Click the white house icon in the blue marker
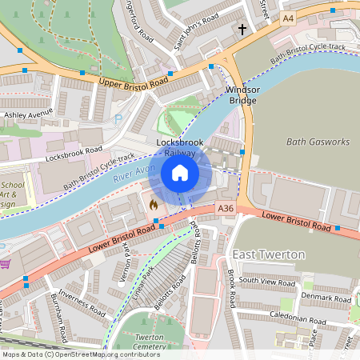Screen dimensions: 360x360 pyautogui.click(x=180, y=173)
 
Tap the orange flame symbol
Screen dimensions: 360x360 pyautogui.click(x=153, y=205)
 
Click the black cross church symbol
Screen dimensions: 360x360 pyautogui.click(x=242, y=30)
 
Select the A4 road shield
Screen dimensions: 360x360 pyautogui.click(x=287, y=18)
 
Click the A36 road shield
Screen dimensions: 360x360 pyautogui.click(x=226, y=209)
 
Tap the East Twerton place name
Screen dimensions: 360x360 pyautogui.click(x=268, y=254)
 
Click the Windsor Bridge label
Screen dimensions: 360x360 pyautogui.click(x=242, y=95)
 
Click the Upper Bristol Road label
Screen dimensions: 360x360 pyautogui.click(x=134, y=82)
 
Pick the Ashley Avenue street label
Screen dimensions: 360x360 pyautogui.click(x=28, y=114)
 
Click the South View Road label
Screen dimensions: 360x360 pyautogui.click(x=268, y=281)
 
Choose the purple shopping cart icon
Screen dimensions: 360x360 pyautogui.click(x=4, y=263)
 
